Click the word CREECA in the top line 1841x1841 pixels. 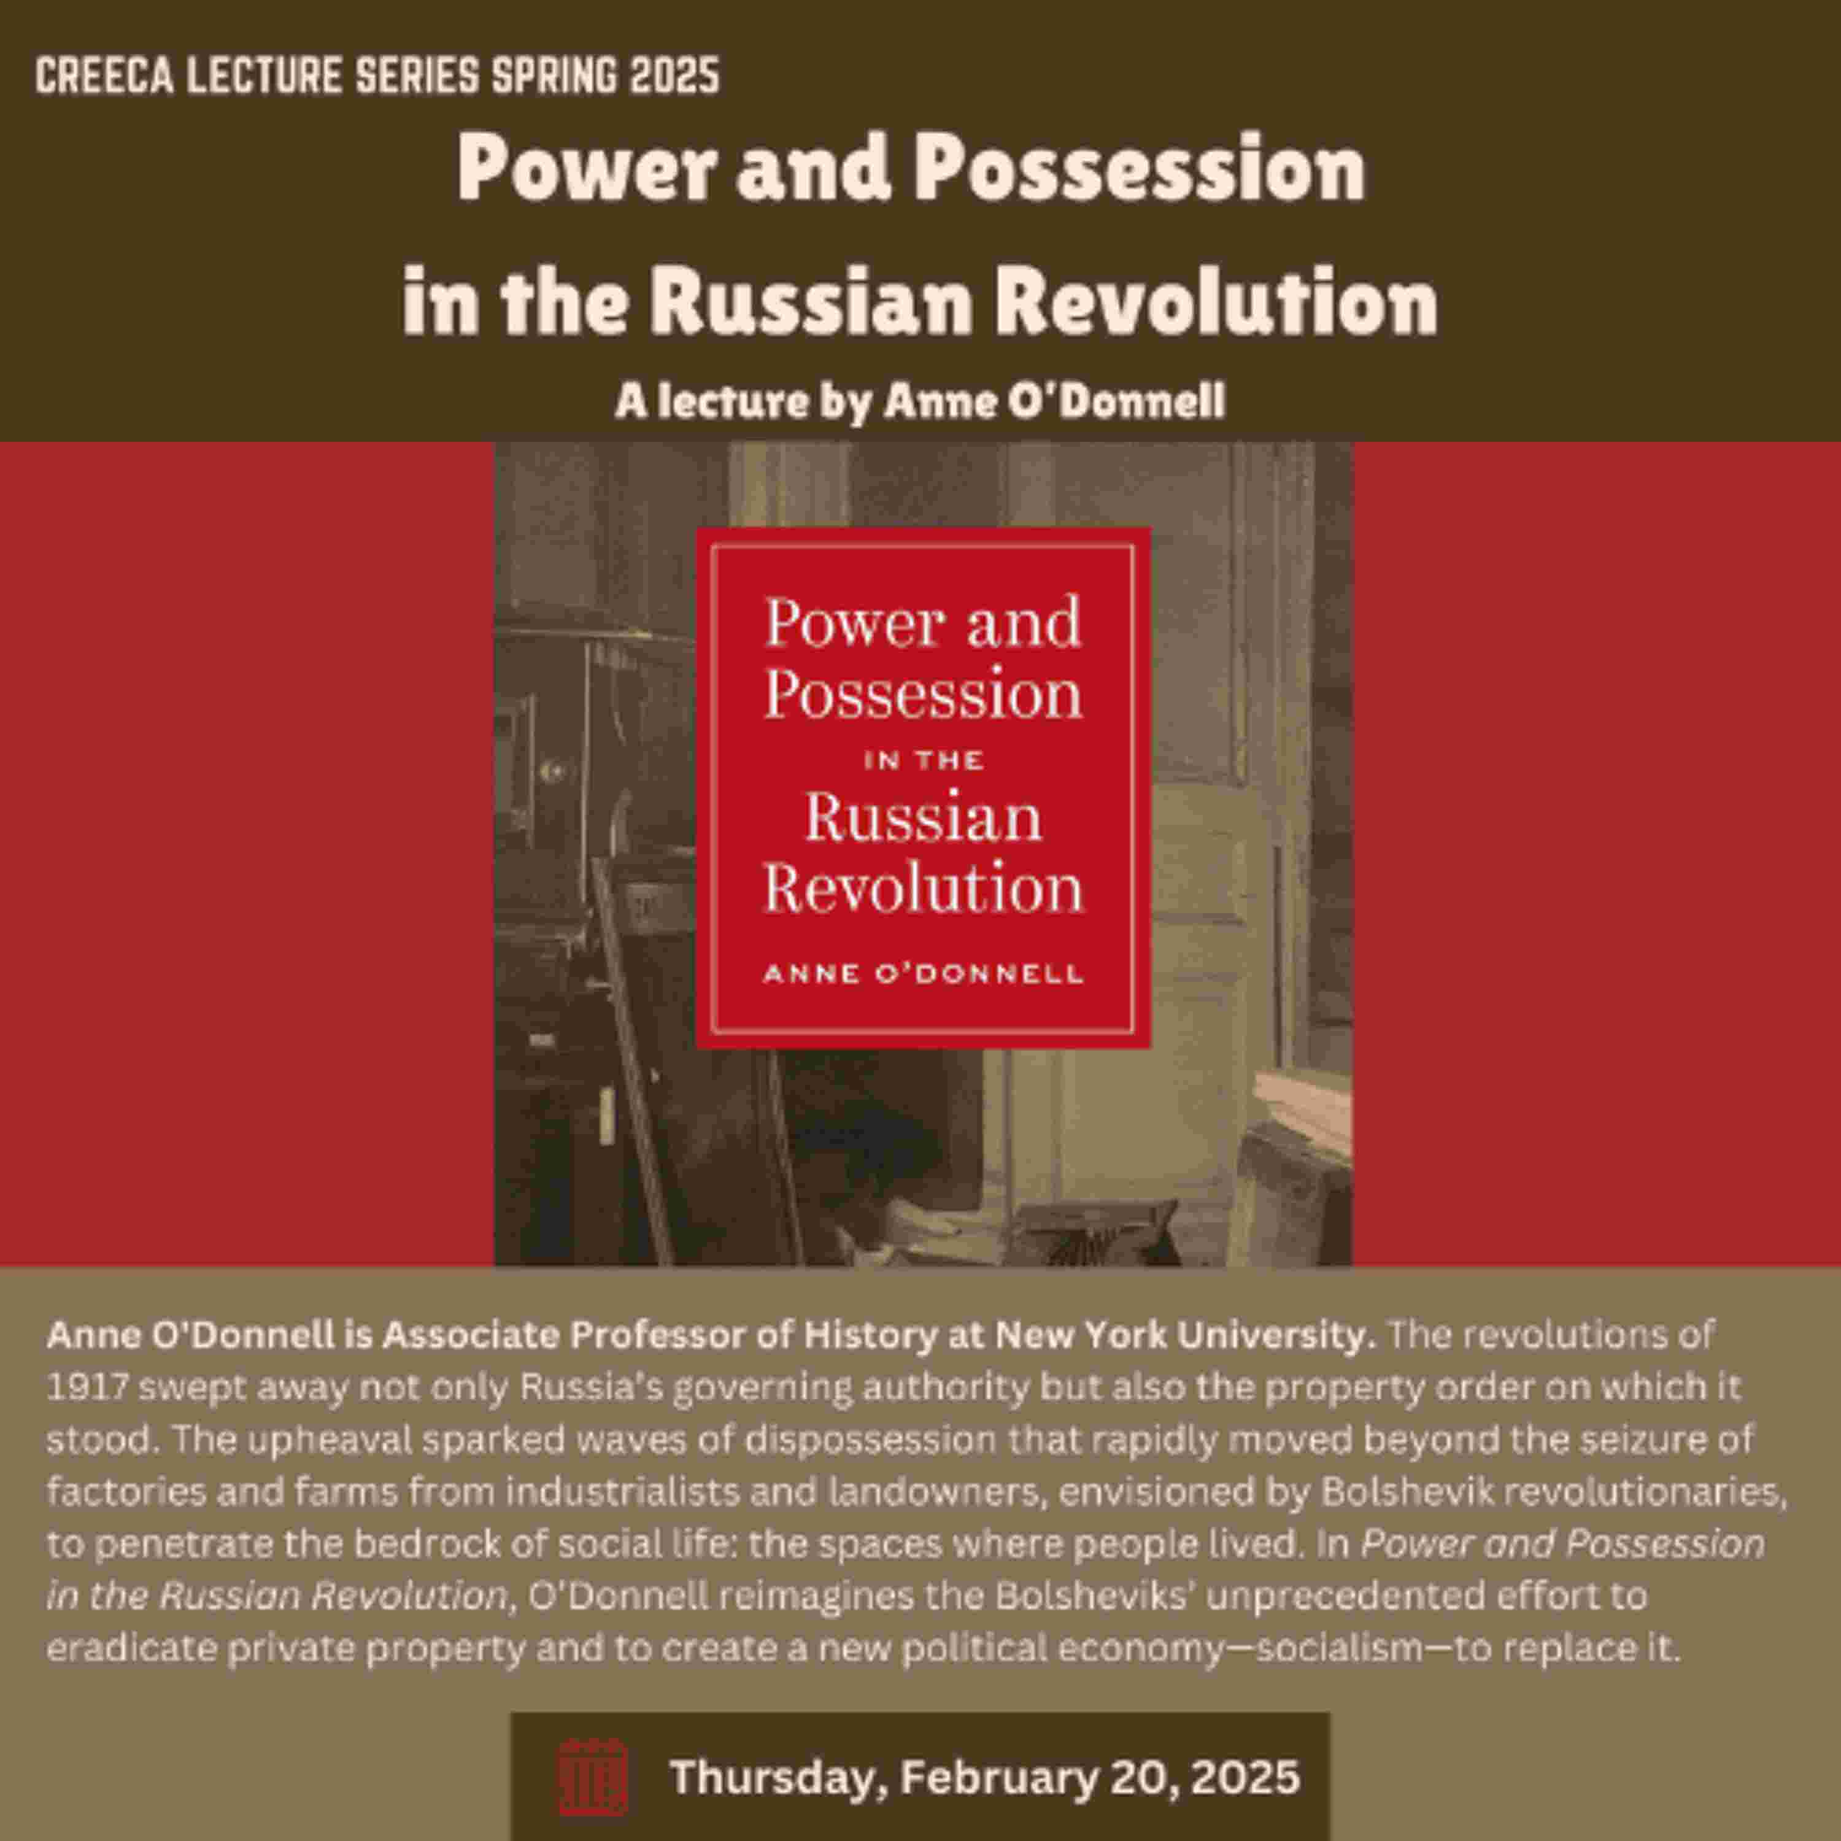click(105, 76)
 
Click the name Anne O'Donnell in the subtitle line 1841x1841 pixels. click(1053, 401)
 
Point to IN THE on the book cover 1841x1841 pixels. click(922, 760)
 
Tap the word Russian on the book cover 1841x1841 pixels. click(922, 817)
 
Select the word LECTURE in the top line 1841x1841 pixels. click(264, 76)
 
